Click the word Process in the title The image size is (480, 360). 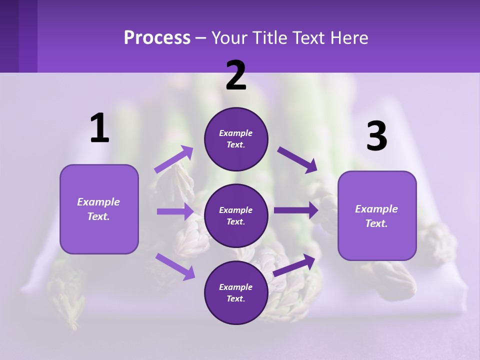tap(157, 37)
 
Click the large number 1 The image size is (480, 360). tap(99, 128)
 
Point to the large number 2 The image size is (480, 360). tap(236, 75)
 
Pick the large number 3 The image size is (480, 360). tap(376, 137)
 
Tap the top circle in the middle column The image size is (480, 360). tap(236, 139)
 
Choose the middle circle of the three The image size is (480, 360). tap(236, 216)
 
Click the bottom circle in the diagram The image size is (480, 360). tap(236, 293)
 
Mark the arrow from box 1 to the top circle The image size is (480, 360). tap(174, 159)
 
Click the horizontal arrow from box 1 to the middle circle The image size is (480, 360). tap(175, 211)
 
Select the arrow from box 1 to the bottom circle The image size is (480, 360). tap(175, 266)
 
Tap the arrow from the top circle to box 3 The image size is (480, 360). tap(297, 160)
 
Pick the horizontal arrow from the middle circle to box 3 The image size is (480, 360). tap(296, 210)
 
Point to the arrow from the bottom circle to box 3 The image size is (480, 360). tap(294, 265)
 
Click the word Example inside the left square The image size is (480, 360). tap(98, 202)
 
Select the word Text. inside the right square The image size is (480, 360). tap(376, 223)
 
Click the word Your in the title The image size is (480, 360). tap(228, 37)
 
